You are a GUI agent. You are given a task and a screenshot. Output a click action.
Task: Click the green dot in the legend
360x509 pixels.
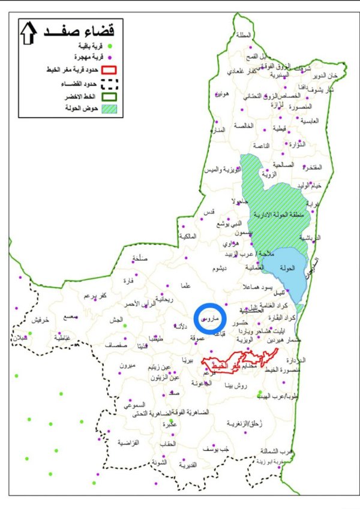(x=110, y=46)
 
